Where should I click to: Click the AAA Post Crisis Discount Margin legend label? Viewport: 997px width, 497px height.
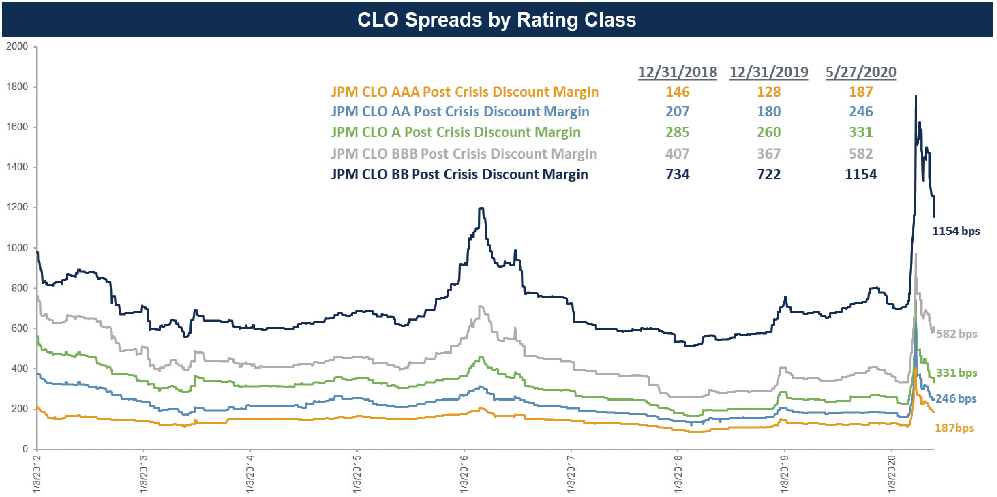tap(465, 92)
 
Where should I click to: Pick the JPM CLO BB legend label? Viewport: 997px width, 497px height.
tap(459, 175)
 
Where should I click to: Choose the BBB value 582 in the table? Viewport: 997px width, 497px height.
tap(861, 154)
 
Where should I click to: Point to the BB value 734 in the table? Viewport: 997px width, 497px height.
tap(677, 175)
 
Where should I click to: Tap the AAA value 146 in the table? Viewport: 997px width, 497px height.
tap(677, 92)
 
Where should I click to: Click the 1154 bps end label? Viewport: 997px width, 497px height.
tap(956, 231)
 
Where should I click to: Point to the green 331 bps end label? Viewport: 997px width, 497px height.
tap(956, 373)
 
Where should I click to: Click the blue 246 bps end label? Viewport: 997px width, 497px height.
tap(956, 399)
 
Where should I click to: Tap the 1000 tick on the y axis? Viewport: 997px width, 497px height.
tap(17, 248)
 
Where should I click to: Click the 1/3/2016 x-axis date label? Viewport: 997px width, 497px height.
tap(464, 474)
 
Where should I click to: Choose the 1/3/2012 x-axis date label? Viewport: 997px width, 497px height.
tap(37, 474)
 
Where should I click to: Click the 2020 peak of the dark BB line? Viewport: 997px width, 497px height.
tap(915, 96)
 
